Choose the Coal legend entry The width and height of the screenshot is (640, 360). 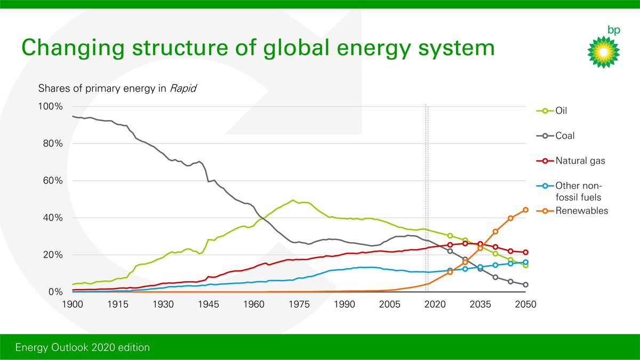pos(565,136)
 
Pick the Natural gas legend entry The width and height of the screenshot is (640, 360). pos(579,161)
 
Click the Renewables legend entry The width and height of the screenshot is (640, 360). pos(581,211)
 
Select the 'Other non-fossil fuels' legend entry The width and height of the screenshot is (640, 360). pos(579,191)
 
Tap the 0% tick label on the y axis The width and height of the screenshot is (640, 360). pos(55,292)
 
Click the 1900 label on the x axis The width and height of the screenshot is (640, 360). pos(73,305)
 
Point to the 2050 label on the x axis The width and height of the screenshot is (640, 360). pos(525,305)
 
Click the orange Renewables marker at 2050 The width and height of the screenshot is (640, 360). pos(525,210)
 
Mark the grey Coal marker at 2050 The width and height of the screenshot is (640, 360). pos(525,285)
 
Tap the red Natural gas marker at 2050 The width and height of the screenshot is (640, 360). pos(525,252)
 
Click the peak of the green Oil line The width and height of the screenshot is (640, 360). pos(293,200)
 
